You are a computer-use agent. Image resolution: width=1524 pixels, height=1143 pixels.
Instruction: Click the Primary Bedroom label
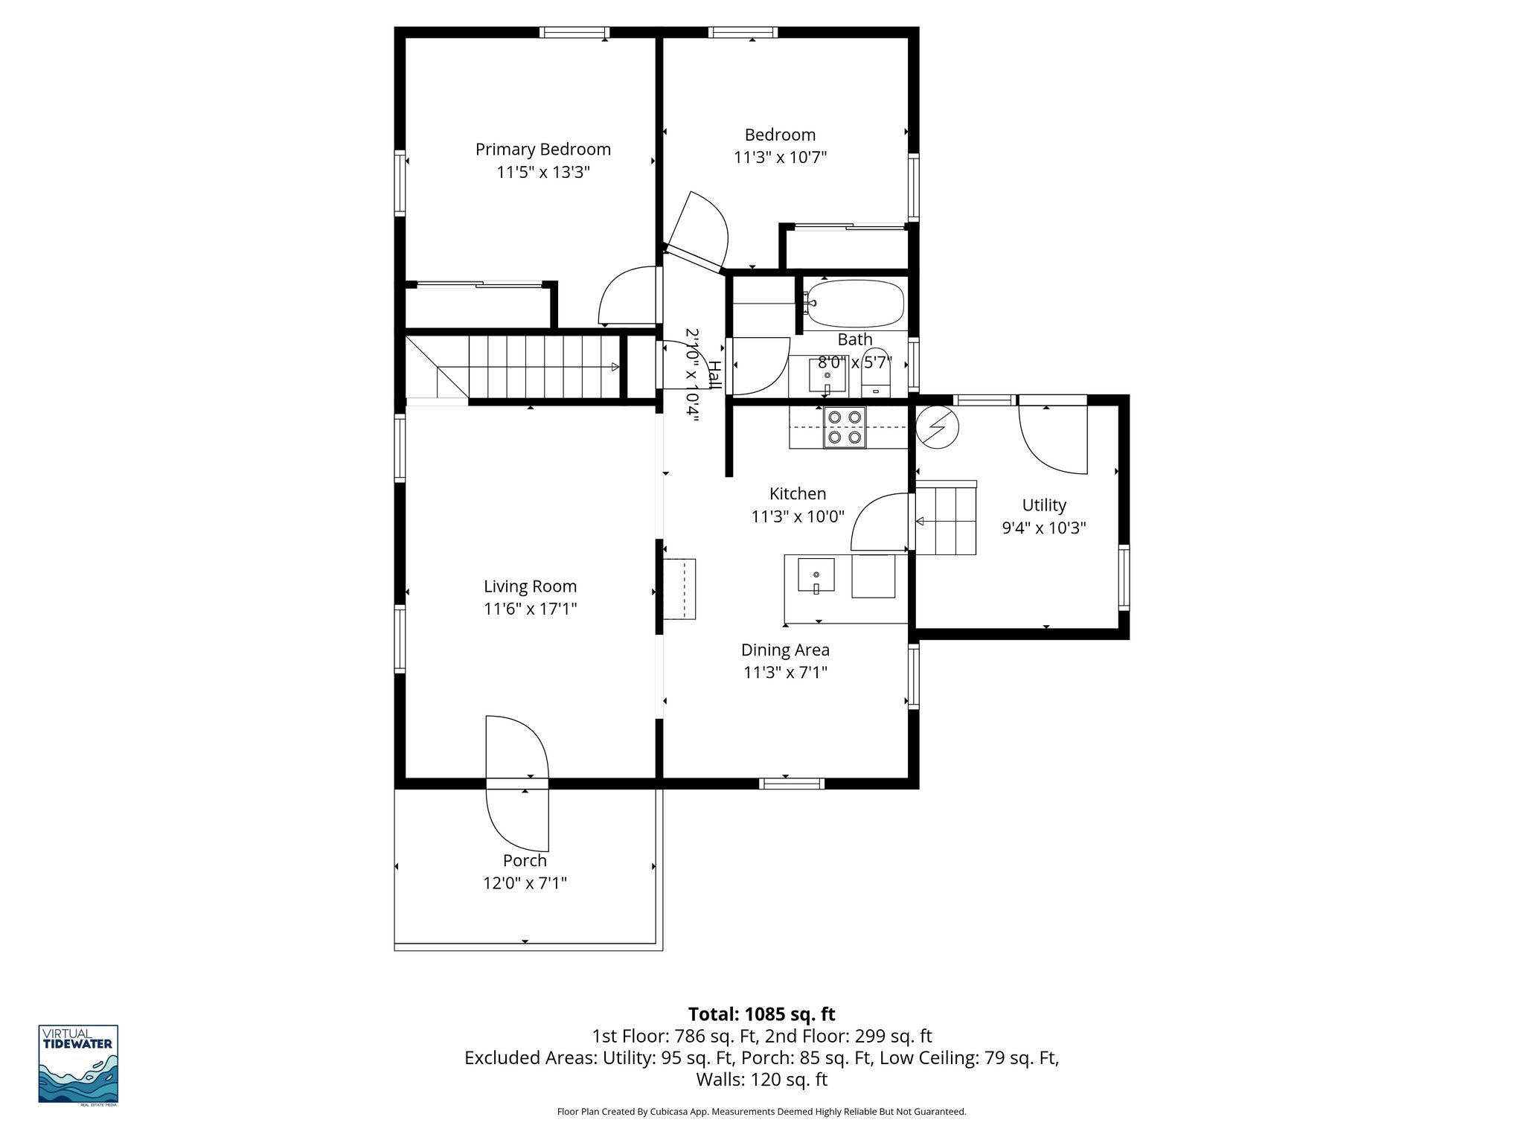click(x=542, y=150)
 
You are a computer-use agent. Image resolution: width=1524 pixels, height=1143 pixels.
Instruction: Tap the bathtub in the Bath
click(x=855, y=304)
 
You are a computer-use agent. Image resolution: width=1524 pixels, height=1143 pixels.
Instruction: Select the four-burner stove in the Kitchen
click(x=845, y=428)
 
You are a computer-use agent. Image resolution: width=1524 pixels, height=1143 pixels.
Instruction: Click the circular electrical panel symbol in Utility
click(x=937, y=428)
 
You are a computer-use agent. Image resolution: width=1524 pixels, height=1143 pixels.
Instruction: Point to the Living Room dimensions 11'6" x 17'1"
click(x=530, y=609)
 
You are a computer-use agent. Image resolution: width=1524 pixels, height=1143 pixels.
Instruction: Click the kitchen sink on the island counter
click(x=816, y=575)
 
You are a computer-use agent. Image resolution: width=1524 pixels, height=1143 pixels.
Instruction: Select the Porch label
click(x=525, y=861)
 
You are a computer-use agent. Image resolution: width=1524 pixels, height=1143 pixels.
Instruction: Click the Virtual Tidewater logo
click(x=78, y=1065)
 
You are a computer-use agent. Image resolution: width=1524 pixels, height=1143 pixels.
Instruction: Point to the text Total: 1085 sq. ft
click(x=761, y=1014)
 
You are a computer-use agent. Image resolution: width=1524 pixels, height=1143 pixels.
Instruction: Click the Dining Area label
click(x=785, y=650)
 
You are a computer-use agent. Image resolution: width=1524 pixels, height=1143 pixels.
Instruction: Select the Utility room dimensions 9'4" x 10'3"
click(x=1044, y=528)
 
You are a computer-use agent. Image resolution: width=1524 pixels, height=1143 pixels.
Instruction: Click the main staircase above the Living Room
click(x=543, y=367)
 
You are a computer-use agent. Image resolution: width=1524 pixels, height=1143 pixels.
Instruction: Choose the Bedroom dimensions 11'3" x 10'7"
click(x=780, y=158)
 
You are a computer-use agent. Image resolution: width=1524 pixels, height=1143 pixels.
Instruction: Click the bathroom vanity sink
click(x=827, y=377)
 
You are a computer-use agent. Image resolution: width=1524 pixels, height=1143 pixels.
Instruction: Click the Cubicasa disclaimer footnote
click(x=761, y=1112)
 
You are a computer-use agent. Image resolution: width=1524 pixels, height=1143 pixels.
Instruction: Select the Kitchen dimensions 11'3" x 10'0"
click(x=798, y=516)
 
